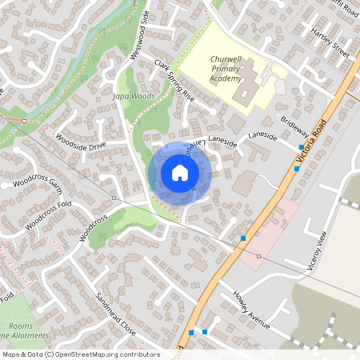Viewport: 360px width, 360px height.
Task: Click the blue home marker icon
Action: (179, 173)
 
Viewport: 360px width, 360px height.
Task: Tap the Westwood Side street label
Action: (139, 36)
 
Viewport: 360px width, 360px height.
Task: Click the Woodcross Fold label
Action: (48, 214)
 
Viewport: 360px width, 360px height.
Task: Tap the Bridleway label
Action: (294, 130)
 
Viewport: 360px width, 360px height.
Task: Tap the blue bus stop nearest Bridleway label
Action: (301, 148)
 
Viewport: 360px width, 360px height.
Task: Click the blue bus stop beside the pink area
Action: (243, 238)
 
